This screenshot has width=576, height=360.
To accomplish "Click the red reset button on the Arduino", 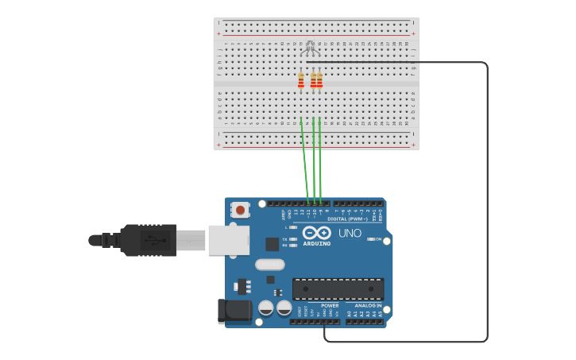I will tap(239, 210).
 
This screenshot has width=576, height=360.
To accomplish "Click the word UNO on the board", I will tap(350, 234).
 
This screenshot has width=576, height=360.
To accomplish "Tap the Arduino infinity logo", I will tap(316, 233).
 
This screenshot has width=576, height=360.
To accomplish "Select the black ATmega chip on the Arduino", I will tap(338, 288).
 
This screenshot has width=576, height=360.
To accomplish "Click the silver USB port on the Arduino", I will tap(228, 239).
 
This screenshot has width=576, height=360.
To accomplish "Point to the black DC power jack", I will tap(234, 310).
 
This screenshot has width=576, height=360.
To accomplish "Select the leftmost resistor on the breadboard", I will tap(301, 80).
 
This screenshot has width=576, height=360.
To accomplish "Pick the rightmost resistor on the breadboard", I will tap(319, 80).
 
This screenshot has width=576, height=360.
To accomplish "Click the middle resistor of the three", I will tap(314, 80).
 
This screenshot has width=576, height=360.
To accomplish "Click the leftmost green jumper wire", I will tap(304, 159).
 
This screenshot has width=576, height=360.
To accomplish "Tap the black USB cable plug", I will tap(148, 239).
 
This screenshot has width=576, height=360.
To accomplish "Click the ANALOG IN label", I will tap(368, 305).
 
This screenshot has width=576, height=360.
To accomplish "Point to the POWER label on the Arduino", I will tap(330, 305).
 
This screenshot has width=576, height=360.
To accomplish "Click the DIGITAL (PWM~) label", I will tap(347, 219).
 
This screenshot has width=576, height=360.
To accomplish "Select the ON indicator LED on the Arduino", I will tap(369, 238).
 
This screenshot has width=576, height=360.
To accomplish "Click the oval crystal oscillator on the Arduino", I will tap(270, 265).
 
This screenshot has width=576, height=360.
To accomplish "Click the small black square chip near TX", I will tap(273, 244).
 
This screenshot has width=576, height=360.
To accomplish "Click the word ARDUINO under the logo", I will tap(316, 243).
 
